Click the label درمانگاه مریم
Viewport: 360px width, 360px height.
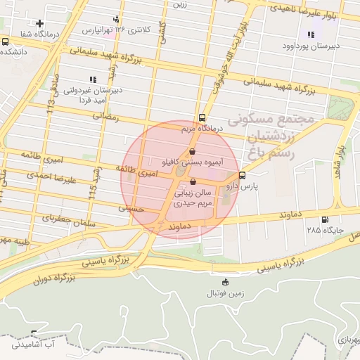coord(201,129)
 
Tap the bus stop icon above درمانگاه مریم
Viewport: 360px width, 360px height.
coord(202,117)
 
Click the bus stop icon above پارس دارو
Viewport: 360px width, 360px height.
coord(242,175)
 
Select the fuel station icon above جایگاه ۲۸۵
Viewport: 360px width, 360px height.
coord(324,219)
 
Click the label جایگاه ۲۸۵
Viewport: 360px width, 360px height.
coord(323,230)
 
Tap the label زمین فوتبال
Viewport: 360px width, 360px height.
coord(226,293)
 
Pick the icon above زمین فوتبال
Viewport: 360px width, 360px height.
coord(225,283)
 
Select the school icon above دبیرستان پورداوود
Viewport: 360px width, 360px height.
coord(310,34)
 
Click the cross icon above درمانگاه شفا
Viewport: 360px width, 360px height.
coord(39,23)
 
